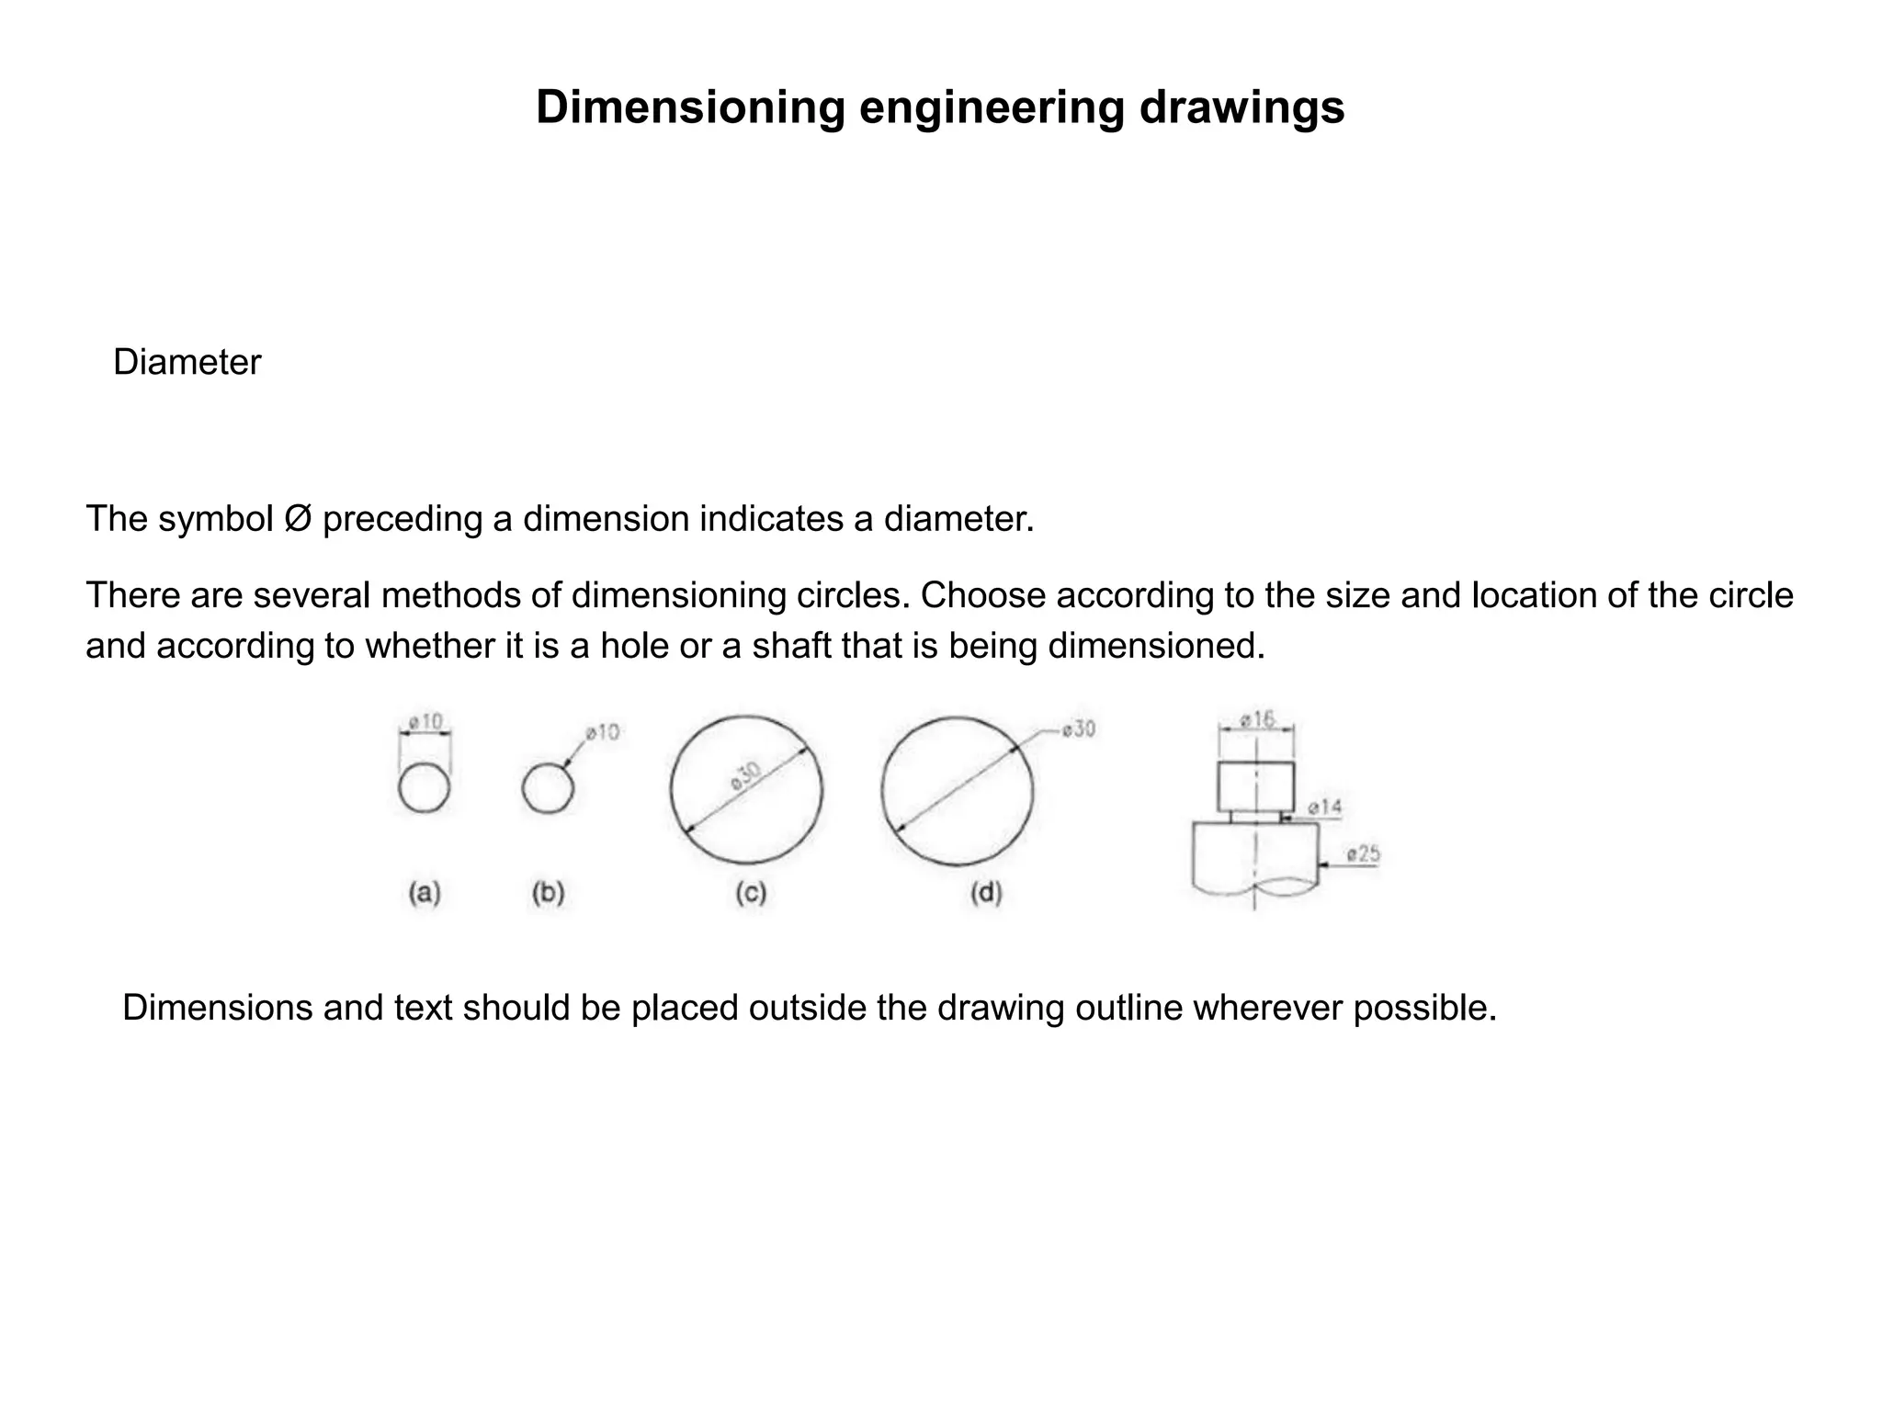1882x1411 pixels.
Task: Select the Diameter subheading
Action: pos(187,363)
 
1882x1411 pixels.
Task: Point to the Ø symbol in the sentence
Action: pos(298,519)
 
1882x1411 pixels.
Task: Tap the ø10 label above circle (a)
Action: pos(425,722)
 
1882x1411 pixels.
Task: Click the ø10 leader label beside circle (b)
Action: pos(603,732)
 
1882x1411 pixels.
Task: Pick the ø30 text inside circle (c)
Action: pos(746,777)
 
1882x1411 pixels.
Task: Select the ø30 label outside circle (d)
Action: pos(1078,729)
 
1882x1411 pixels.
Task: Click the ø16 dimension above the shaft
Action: pos(1256,719)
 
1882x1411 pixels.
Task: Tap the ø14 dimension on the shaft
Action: pos(1324,807)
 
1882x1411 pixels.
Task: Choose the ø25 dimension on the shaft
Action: pos(1363,854)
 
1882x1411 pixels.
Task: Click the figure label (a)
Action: pos(425,892)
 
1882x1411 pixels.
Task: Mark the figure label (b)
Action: pos(548,892)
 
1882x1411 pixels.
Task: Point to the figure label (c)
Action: pos(751,892)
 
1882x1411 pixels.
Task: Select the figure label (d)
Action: pos(986,892)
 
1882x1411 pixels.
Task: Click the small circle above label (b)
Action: pos(548,788)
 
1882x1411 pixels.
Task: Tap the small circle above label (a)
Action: pos(425,788)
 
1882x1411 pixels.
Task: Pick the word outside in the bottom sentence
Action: pos(808,1009)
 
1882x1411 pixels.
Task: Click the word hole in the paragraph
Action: pos(635,647)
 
